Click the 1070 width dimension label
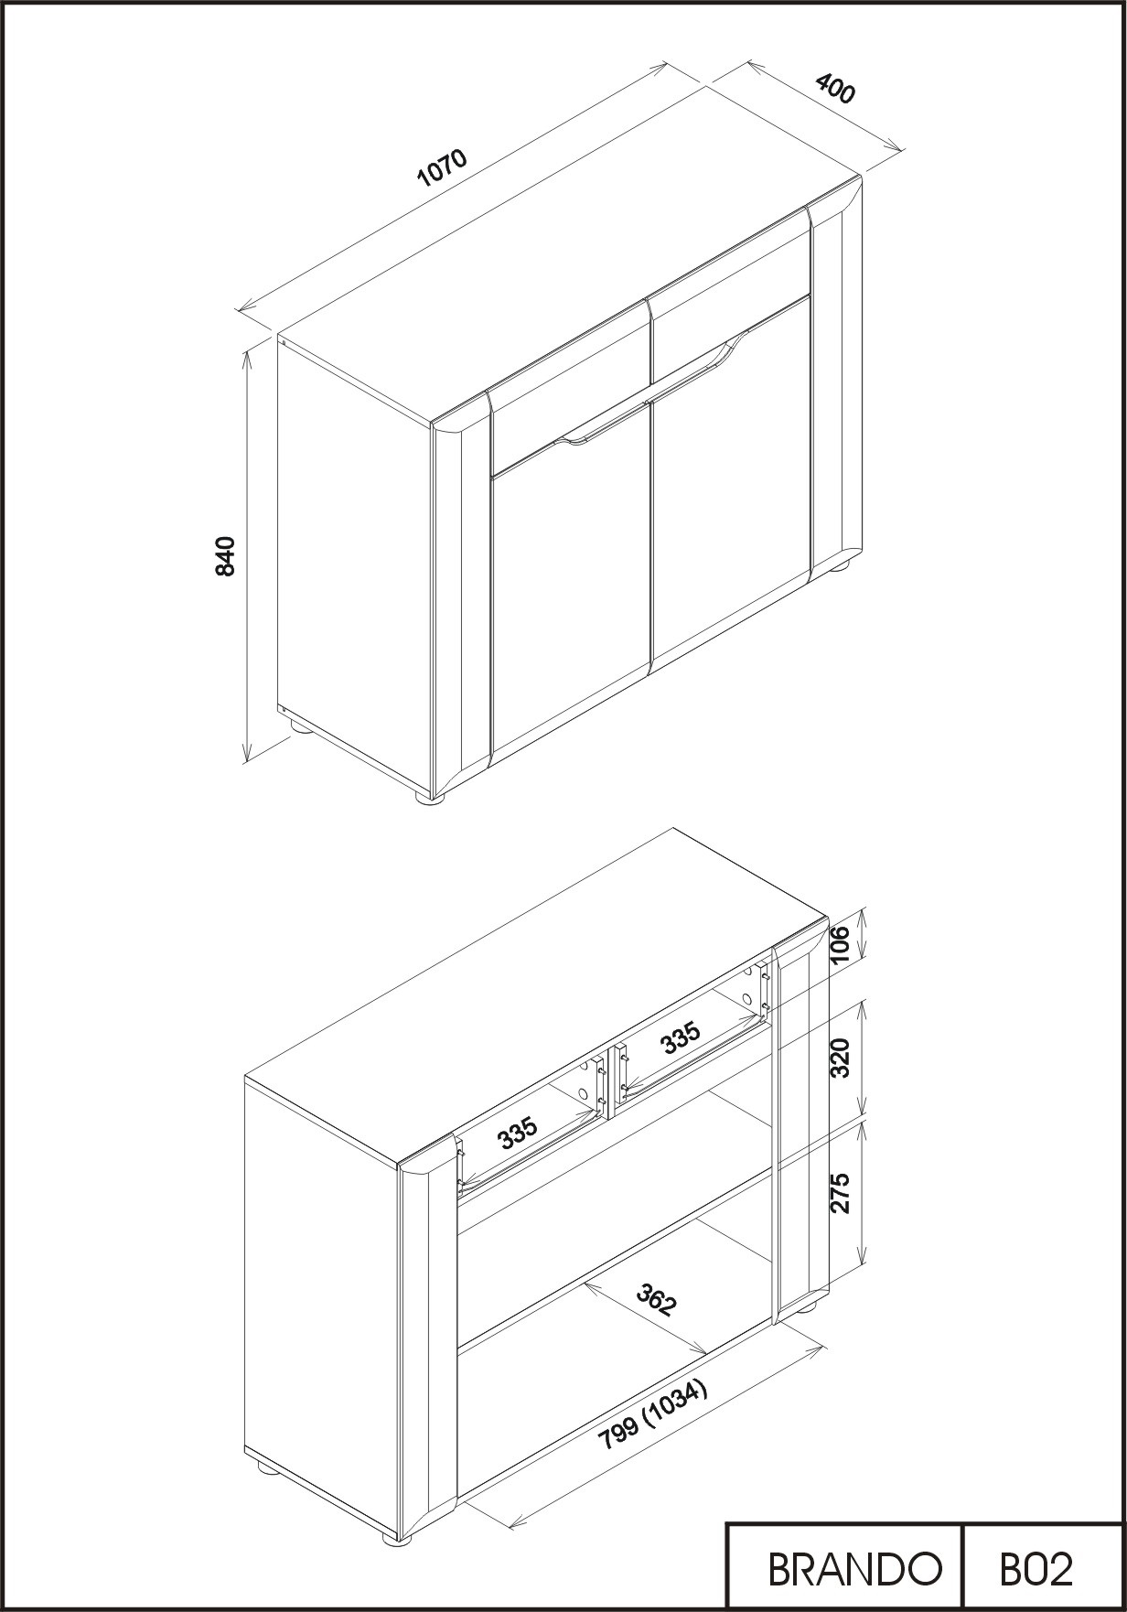(x=442, y=166)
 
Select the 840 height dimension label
(x=225, y=556)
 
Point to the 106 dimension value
(x=841, y=943)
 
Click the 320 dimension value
(x=841, y=1058)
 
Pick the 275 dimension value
(x=841, y=1192)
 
